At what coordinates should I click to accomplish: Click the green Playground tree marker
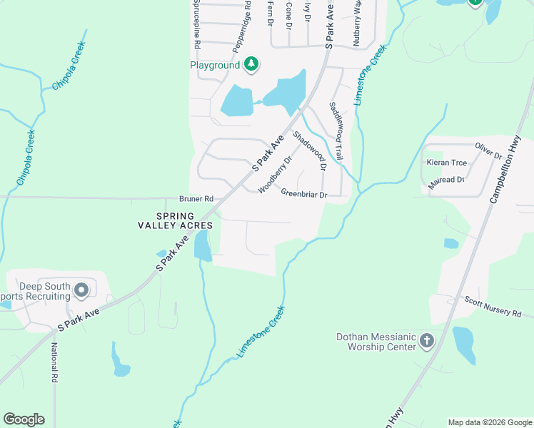(251, 65)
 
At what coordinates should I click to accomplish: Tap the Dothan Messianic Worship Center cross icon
(426, 340)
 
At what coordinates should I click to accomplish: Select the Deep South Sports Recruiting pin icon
(81, 290)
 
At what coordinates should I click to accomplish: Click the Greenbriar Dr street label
(303, 193)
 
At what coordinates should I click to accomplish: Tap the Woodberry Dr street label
(276, 175)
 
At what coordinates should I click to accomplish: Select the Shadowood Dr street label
(310, 151)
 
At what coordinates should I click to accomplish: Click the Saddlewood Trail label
(336, 130)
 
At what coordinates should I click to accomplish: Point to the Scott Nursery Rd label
(493, 308)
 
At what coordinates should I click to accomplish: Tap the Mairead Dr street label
(446, 180)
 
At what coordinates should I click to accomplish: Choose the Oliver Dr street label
(488, 151)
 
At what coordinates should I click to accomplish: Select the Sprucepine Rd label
(196, 25)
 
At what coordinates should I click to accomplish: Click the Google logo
(24, 419)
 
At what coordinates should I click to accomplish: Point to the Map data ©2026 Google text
(489, 422)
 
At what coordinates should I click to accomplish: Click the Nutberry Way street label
(357, 22)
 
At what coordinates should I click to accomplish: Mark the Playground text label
(214, 65)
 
